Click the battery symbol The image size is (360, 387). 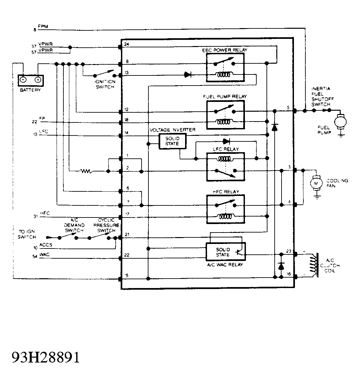click(30, 80)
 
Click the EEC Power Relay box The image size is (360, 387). click(225, 68)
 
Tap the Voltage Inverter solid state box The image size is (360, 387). click(172, 141)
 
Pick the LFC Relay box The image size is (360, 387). click(225, 166)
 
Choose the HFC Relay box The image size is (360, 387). click(225, 209)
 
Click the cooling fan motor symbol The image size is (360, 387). click(316, 183)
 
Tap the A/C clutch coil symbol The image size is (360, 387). click(315, 265)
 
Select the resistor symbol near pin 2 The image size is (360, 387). click(86, 171)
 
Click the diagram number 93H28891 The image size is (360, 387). click(46, 358)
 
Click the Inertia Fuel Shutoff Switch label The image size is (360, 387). click(321, 97)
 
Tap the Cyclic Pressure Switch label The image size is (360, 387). click(106, 225)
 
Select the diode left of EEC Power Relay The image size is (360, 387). click(188, 75)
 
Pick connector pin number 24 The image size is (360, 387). click(127, 44)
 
